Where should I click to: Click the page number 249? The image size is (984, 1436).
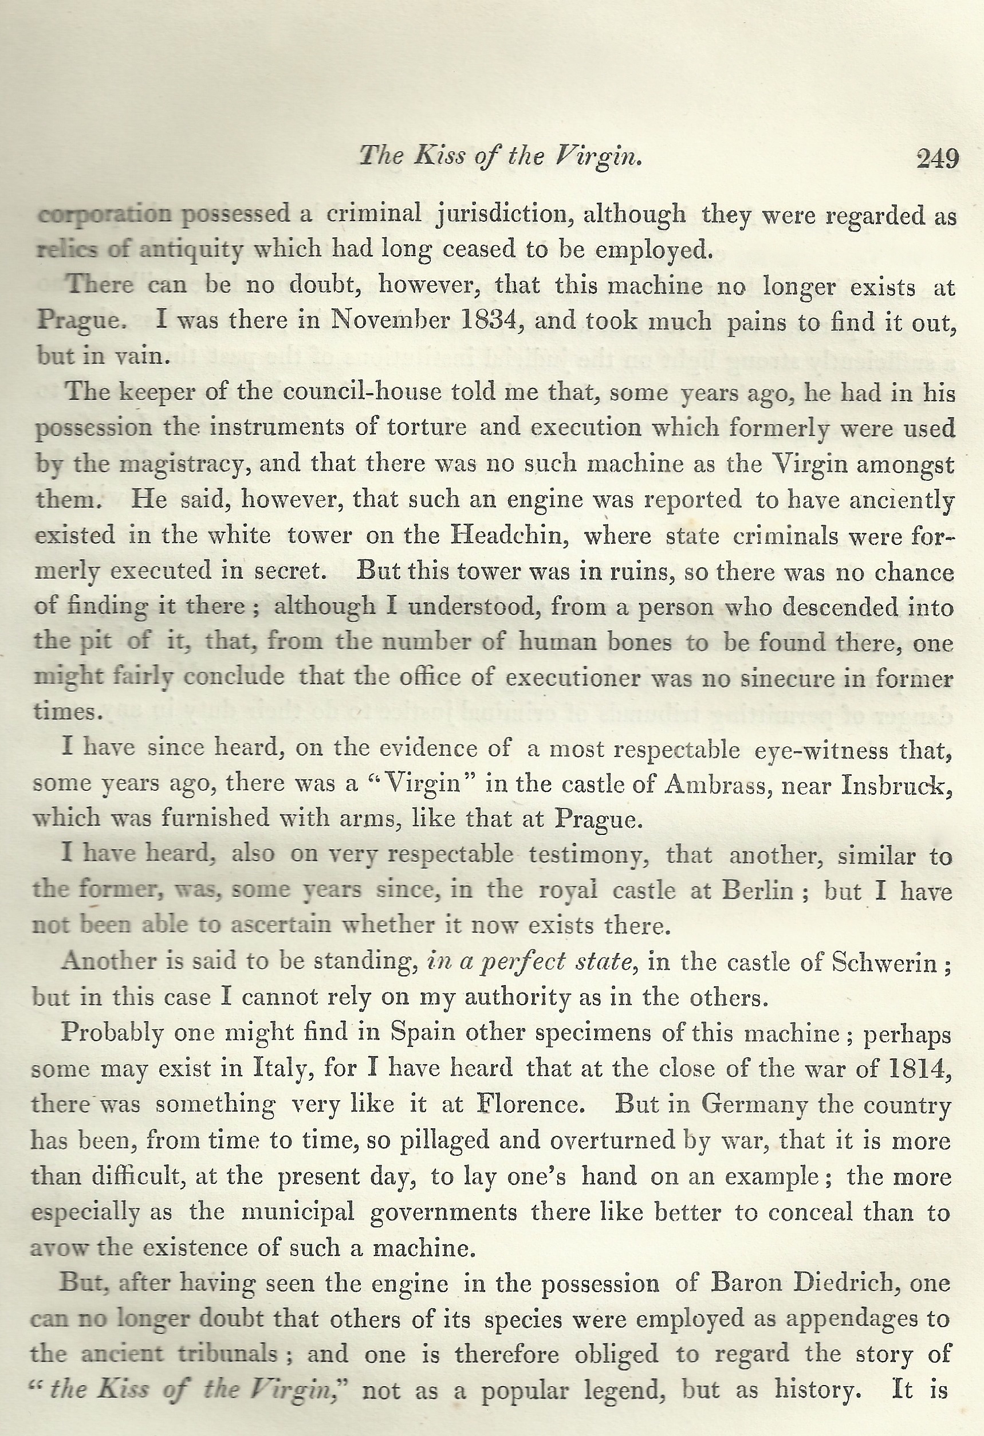(938, 159)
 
